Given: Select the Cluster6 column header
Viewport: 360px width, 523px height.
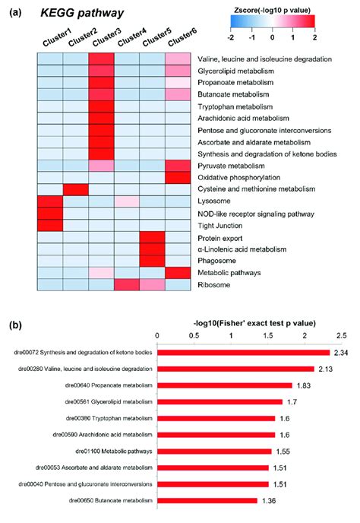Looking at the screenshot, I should coord(179,41).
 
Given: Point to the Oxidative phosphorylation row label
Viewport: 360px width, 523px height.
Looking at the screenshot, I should coord(239,176).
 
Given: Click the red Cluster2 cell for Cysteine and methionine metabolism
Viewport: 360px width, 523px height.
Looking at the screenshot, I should coord(76,189).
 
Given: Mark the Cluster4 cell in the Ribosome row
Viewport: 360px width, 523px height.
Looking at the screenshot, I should coord(128,284).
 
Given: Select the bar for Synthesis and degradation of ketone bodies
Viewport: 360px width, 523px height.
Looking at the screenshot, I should coord(243,353).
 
